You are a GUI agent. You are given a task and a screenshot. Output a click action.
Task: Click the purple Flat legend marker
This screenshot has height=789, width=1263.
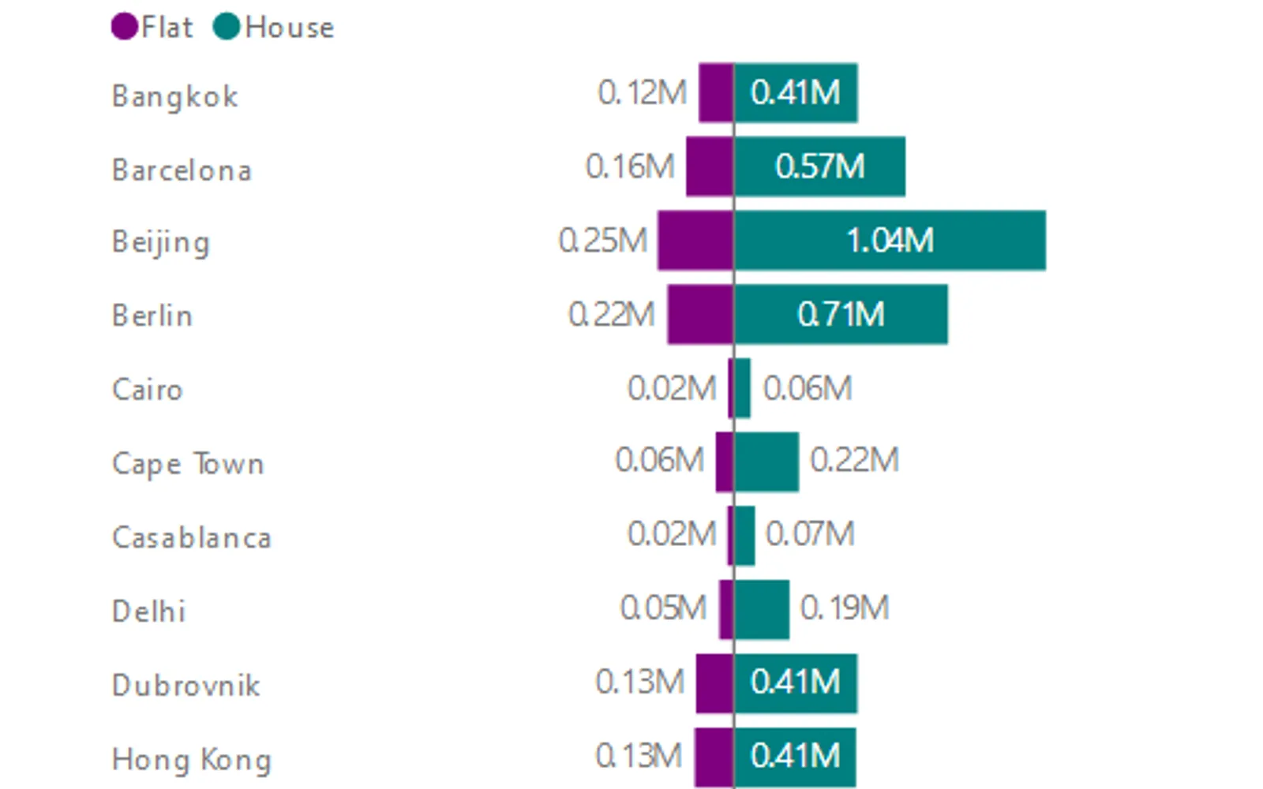pos(125,27)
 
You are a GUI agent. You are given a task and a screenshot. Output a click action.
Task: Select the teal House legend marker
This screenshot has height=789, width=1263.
pos(227,27)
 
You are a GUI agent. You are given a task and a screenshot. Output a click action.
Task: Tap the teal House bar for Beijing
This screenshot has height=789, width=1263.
pos(890,241)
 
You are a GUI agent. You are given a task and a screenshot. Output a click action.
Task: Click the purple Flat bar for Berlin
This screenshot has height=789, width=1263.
pos(701,315)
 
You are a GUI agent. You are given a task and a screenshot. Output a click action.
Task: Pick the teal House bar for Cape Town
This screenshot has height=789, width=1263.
pos(766,462)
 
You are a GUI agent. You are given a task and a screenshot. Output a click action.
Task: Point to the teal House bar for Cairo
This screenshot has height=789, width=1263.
pos(743,388)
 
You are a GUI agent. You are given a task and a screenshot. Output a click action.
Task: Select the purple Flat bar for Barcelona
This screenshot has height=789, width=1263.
pos(710,166)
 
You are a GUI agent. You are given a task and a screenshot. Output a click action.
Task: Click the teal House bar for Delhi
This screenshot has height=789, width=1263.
pos(762,610)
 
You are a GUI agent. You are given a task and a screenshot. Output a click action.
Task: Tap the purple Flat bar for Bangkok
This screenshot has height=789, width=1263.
pos(716,93)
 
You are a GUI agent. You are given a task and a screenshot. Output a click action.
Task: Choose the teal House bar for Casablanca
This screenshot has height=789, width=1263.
pos(745,536)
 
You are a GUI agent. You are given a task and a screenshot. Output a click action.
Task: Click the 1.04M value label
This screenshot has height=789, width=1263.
pos(890,241)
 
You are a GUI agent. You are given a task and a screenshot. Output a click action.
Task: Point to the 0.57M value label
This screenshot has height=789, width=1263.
pos(820,166)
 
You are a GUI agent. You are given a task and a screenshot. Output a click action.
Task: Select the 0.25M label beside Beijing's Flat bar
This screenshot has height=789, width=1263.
pos(603,241)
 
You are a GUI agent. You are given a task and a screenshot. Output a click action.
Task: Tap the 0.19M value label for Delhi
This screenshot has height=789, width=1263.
pos(845,608)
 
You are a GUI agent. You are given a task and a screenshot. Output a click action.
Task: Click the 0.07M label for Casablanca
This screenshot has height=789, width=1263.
pos(810,534)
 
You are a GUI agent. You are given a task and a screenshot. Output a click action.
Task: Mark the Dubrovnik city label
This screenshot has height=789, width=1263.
pos(186,686)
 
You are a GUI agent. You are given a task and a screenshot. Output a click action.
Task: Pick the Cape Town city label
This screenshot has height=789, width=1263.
pos(189,465)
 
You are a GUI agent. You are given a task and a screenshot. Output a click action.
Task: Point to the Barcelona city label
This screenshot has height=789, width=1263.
pos(182,170)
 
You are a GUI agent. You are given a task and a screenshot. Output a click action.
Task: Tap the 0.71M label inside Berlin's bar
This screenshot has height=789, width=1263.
pos(841,315)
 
